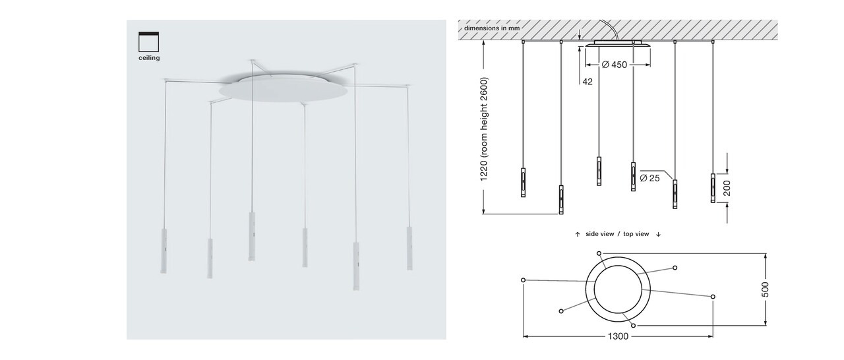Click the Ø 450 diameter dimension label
[x=614, y=65]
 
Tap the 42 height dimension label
[x=588, y=82]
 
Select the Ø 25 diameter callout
[x=650, y=178]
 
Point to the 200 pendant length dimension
[x=727, y=189]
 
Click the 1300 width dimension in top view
[x=618, y=336]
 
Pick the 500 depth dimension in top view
[x=766, y=289]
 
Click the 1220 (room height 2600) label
[x=484, y=129]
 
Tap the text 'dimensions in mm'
[x=492, y=28]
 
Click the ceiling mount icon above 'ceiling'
[x=148, y=42]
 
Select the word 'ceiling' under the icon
[x=149, y=58]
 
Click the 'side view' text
[x=600, y=234]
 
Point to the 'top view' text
[x=636, y=234]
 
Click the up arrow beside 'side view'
[x=578, y=234]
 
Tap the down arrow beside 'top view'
[x=658, y=234]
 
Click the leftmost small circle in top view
[x=523, y=280]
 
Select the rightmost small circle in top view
[x=713, y=297]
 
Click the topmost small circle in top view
[x=599, y=253]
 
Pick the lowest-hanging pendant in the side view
[x=561, y=200]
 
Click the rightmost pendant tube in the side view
[x=713, y=188]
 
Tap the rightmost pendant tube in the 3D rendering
[x=409, y=248]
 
